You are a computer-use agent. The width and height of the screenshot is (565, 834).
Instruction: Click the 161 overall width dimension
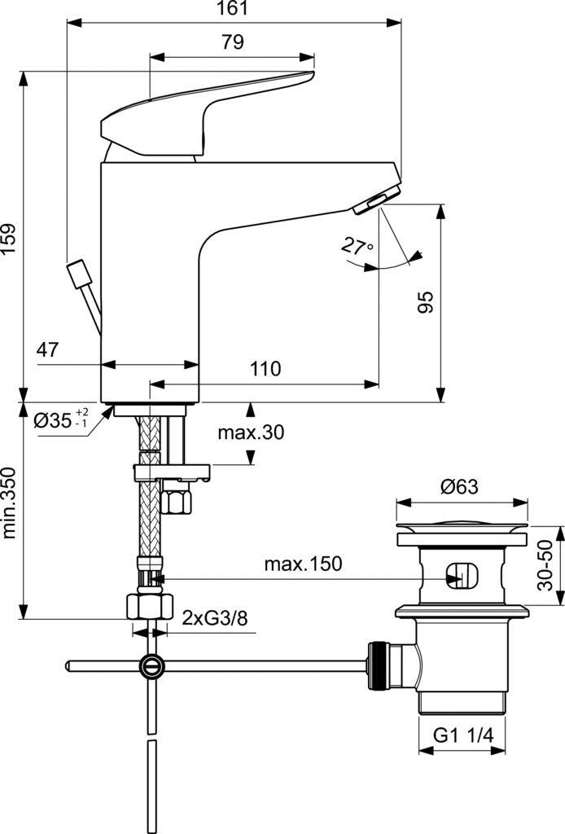(x=233, y=9)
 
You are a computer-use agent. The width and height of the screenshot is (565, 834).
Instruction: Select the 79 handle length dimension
(x=233, y=43)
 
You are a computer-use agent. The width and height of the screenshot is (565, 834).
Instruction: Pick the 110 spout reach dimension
(x=265, y=369)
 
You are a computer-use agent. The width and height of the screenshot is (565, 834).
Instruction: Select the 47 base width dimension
(x=48, y=350)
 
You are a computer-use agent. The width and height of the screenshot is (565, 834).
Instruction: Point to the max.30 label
(x=250, y=432)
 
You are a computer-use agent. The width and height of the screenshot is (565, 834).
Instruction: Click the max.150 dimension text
(x=303, y=564)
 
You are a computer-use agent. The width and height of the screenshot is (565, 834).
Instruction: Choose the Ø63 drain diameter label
(x=460, y=487)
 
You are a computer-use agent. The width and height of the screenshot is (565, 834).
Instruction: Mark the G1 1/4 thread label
(x=462, y=735)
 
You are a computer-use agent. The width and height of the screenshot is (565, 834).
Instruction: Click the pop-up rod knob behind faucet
(x=79, y=274)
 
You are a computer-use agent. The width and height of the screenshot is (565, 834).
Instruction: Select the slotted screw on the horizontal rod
(x=151, y=665)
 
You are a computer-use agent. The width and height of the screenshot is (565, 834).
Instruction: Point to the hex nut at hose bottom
(x=151, y=607)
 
